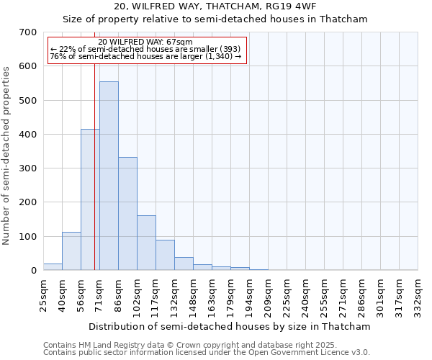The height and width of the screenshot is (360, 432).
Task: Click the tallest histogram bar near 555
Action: tap(109, 176)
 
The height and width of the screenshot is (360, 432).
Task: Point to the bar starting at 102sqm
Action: tap(146, 243)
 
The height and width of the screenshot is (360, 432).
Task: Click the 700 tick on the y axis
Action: tap(28, 32)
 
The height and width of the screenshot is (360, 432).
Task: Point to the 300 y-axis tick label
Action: tap(28, 168)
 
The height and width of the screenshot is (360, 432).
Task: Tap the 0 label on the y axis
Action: tap(33, 271)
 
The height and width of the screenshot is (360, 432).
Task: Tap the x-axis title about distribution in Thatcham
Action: tap(230, 327)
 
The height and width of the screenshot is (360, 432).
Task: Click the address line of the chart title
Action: tap(215, 7)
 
